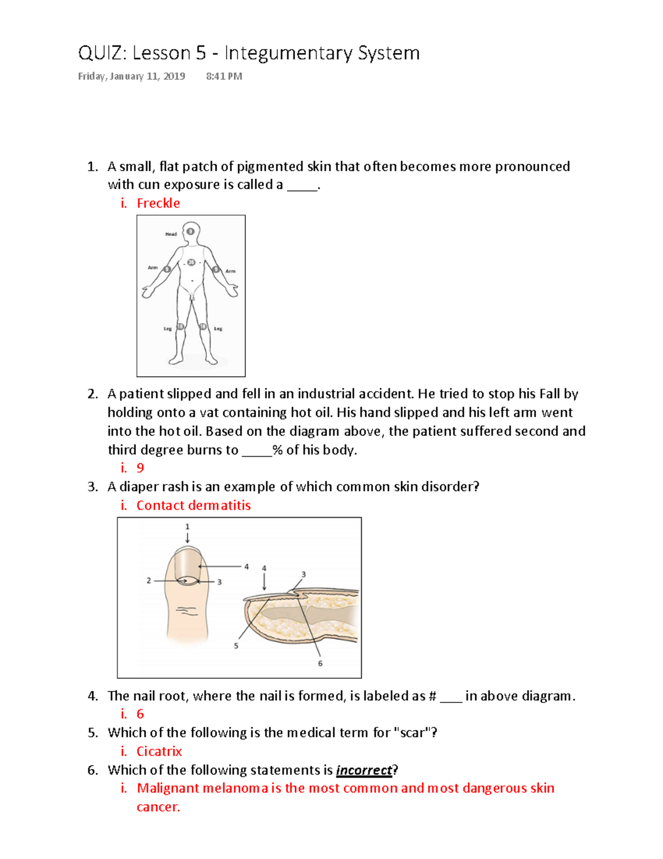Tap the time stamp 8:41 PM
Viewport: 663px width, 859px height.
pyautogui.click(x=224, y=76)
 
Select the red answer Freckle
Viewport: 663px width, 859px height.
pyautogui.click(x=158, y=204)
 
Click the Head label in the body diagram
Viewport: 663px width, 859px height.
pyautogui.click(x=171, y=234)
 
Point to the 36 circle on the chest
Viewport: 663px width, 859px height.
pyautogui.click(x=191, y=262)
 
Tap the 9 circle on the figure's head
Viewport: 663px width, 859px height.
pyautogui.click(x=191, y=231)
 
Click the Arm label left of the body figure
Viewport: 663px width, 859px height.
pyautogui.click(x=152, y=268)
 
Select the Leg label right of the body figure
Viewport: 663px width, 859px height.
pyautogui.click(x=218, y=329)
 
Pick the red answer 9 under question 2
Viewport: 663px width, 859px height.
pyautogui.click(x=140, y=468)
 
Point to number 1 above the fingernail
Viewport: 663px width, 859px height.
pyautogui.click(x=187, y=527)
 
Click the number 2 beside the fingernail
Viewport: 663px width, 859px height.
pyautogui.click(x=149, y=581)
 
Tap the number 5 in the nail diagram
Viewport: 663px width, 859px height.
pyautogui.click(x=236, y=646)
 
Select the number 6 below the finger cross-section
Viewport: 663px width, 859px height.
pyautogui.click(x=320, y=663)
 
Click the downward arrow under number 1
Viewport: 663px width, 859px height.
pyautogui.click(x=187, y=538)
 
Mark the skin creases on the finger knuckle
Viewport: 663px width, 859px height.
pyautogui.click(x=187, y=611)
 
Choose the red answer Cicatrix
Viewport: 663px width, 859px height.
pyautogui.click(x=159, y=752)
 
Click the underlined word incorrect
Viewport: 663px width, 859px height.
pyautogui.click(x=364, y=771)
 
